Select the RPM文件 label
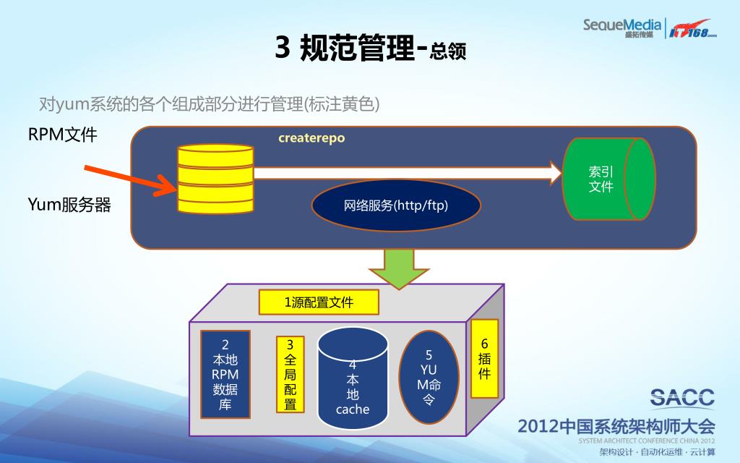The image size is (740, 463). [x=62, y=135]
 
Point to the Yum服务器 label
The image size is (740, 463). [x=69, y=205]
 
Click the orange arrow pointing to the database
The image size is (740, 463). [x=131, y=180]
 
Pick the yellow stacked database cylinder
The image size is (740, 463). [x=215, y=178]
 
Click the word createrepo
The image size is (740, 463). [x=311, y=138]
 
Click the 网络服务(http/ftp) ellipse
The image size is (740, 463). [x=396, y=205]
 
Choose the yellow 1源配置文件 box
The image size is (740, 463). [x=319, y=302]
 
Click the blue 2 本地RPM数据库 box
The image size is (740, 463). [x=225, y=375]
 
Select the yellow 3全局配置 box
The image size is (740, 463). [x=291, y=374]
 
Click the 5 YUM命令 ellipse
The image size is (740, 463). [x=429, y=377]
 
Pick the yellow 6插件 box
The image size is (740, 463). [x=484, y=359]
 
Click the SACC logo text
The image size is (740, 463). [x=681, y=398]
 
